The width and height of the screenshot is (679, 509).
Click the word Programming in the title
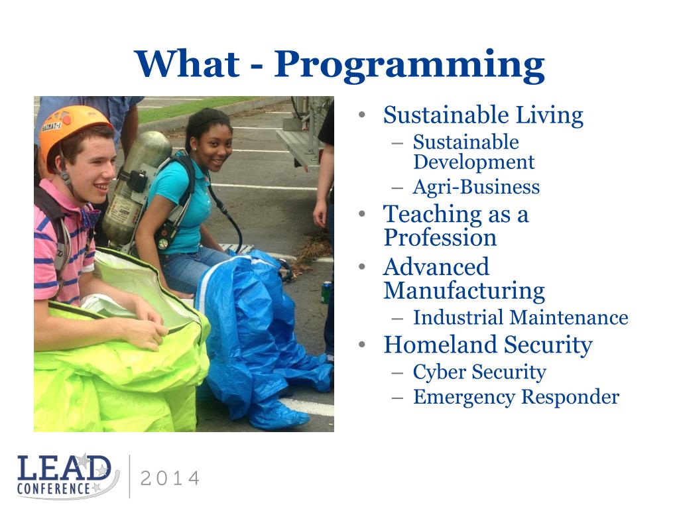click(x=409, y=66)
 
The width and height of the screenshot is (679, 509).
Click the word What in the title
click(x=187, y=64)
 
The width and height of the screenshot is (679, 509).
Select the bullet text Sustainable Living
click(x=483, y=115)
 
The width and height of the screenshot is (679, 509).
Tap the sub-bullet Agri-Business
click(x=476, y=187)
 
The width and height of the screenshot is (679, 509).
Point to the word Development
click(x=473, y=162)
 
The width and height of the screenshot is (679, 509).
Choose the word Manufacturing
click(x=464, y=291)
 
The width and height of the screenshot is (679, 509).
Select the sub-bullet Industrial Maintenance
click(x=521, y=317)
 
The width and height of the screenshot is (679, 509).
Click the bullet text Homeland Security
click(x=488, y=345)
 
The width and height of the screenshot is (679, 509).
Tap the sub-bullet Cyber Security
click(x=479, y=372)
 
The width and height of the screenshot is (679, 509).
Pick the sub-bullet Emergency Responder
click(x=516, y=397)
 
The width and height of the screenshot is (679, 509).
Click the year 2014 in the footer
click(x=170, y=479)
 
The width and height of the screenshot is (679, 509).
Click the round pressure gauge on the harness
click(x=163, y=244)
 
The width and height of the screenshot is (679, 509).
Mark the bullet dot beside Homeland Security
click(x=363, y=345)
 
